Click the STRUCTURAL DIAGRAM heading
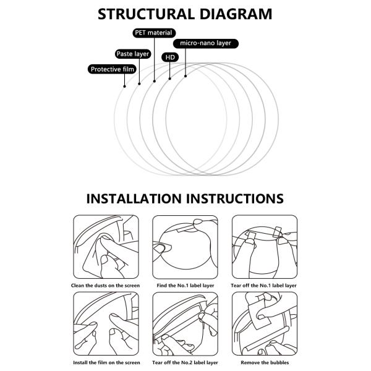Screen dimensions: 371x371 click(x=185, y=14)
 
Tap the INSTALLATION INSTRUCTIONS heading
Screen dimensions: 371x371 click(x=185, y=198)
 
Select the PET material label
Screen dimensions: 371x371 click(x=153, y=32)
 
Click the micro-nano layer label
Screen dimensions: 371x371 click(x=205, y=43)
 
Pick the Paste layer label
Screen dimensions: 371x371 click(x=133, y=54)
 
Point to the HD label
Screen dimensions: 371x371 click(x=169, y=58)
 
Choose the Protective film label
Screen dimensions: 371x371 click(x=112, y=69)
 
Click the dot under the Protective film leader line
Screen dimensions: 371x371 click(x=125, y=86)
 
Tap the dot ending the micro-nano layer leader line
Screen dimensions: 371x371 click(x=185, y=77)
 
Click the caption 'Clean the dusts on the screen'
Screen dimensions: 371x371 click(x=106, y=285)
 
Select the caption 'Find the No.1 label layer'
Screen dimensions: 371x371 click(x=185, y=285)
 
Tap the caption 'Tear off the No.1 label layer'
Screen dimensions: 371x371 click(x=264, y=285)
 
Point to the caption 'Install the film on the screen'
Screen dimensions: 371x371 click(x=106, y=362)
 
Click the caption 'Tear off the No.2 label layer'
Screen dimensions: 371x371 click(x=185, y=362)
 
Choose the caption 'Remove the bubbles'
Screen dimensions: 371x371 click(x=264, y=362)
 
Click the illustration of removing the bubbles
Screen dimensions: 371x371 click(x=264, y=323)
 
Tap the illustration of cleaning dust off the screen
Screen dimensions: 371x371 click(x=106, y=247)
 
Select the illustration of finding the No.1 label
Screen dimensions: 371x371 click(x=185, y=247)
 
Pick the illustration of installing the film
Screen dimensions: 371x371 click(x=106, y=323)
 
